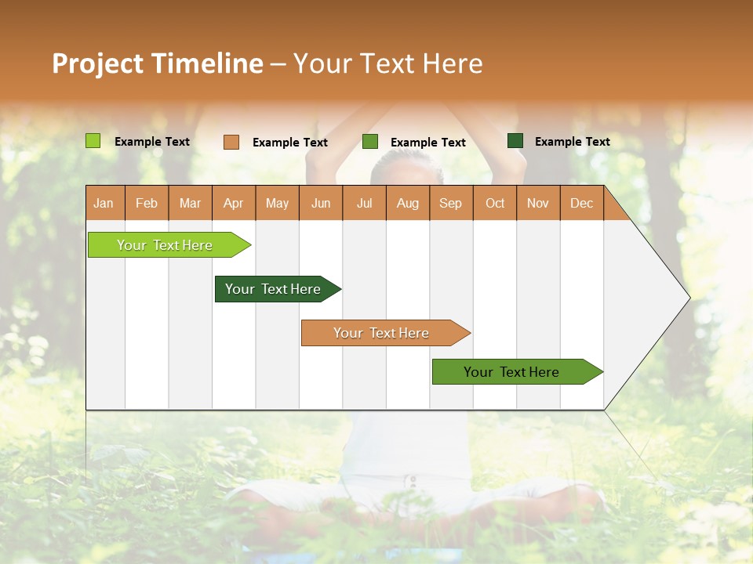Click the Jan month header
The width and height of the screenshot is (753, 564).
(x=104, y=203)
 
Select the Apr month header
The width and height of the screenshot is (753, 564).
(x=233, y=203)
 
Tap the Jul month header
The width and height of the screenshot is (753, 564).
(x=364, y=203)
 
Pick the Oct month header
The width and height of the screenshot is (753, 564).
(x=495, y=203)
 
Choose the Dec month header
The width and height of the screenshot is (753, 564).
(x=581, y=203)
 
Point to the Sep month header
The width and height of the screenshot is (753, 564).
(x=450, y=203)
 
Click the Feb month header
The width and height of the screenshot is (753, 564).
(x=147, y=203)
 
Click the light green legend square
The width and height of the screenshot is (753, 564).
(x=93, y=141)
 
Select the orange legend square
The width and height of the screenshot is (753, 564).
(x=231, y=142)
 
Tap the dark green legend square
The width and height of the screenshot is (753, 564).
(x=515, y=141)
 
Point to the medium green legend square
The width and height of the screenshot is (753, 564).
(x=370, y=142)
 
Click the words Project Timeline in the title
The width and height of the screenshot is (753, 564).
(x=158, y=63)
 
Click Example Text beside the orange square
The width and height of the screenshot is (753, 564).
(x=290, y=143)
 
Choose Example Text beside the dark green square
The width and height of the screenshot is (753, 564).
(x=573, y=142)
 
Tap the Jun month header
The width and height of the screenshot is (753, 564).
(x=321, y=203)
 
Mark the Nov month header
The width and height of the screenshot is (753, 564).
(x=538, y=203)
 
